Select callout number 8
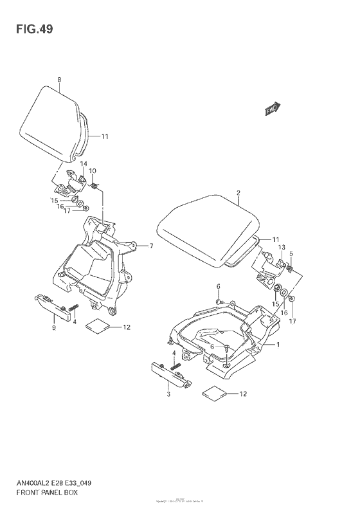pos(59,80)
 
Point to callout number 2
pos(238,193)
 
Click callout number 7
pos(151,246)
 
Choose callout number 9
pos(54,328)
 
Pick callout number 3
pos(168,394)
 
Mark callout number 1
pos(278,345)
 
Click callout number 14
pos(84,165)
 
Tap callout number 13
pos(282,247)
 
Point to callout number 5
pos(291,253)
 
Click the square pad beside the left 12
pos(98,326)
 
